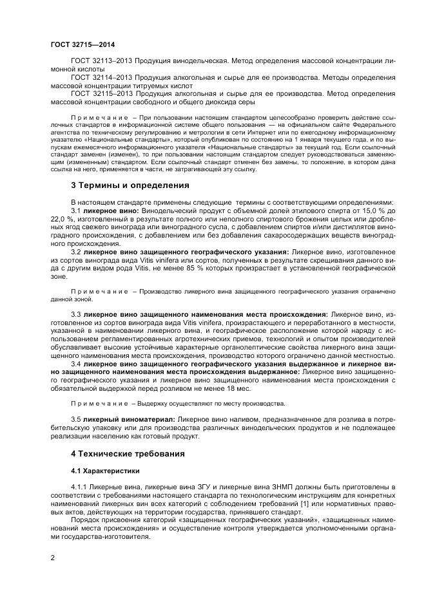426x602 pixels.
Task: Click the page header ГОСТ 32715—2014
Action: pyautogui.click(x=79, y=45)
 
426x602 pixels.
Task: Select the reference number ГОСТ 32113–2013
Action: pyautogui.click(x=98, y=60)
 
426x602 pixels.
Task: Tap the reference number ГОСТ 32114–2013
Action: pyautogui.click(x=98, y=77)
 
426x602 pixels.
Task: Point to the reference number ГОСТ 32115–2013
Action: pyautogui.click(x=98, y=94)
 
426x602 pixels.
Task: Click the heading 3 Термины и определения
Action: pyautogui.click(x=130, y=185)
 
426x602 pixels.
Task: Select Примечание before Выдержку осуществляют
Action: pyautogui.click(x=99, y=403)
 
